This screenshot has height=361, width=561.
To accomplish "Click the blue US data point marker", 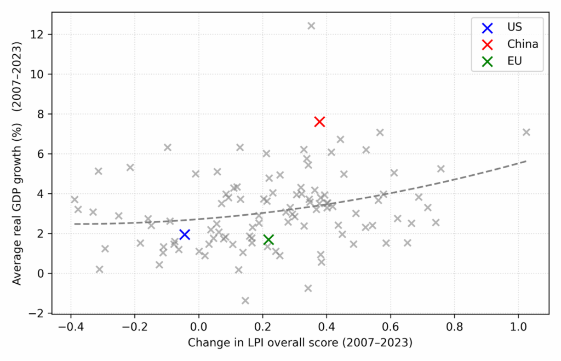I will (185, 234).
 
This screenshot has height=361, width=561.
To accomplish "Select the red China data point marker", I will (319, 121).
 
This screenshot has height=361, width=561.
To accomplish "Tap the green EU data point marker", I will (268, 240).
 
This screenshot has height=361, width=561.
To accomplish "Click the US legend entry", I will (507, 26).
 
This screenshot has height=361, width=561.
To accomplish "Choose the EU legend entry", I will (507, 61).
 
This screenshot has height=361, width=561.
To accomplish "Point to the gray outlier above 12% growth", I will (311, 26).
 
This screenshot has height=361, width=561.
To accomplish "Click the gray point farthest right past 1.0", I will (526, 132).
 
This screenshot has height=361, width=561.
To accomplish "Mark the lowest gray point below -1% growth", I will (245, 300).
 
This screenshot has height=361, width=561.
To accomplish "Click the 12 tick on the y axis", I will (44, 35).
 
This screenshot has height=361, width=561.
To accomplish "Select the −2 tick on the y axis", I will (44, 313).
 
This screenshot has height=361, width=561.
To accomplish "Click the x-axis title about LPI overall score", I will (300, 343).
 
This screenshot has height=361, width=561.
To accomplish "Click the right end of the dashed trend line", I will (526, 161).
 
